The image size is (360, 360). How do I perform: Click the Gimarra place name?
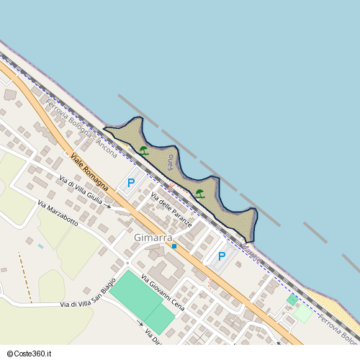[151, 237]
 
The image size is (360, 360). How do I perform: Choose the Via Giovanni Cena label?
[163, 294]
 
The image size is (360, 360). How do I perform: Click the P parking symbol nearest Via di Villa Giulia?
[131, 184]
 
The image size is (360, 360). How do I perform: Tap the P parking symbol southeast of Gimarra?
[222, 256]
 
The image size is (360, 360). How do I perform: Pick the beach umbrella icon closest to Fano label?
[144, 150]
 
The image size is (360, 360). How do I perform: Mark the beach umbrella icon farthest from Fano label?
[199, 193]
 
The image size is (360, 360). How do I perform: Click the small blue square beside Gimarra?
[174, 246]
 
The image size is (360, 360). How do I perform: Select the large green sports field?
[143, 301]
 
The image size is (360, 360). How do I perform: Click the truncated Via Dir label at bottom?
[151, 336]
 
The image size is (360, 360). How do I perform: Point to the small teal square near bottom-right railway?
[292, 299]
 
